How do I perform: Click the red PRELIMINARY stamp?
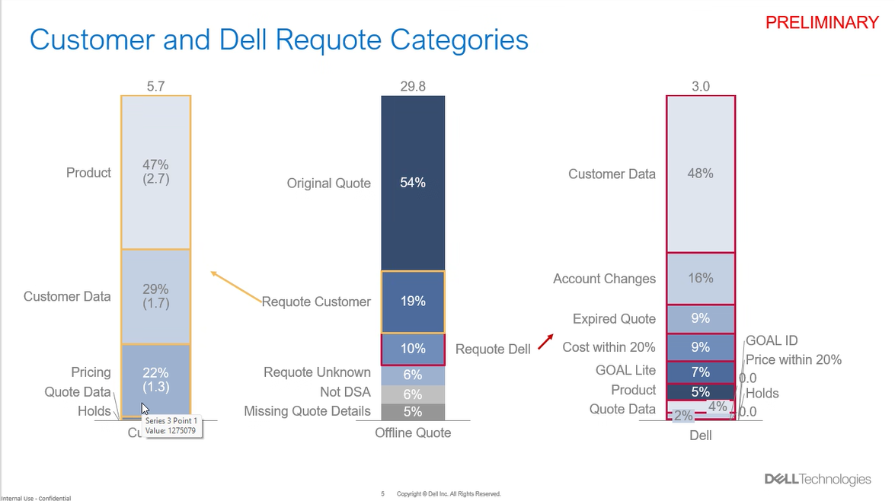point(822,23)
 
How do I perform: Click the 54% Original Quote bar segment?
point(413,183)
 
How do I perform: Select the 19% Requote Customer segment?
point(413,302)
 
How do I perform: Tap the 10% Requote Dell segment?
point(413,349)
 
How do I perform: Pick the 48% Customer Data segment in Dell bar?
point(700,174)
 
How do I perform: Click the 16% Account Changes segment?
point(700,279)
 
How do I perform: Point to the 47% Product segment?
point(155,172)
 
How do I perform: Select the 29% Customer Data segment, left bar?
point(155,296)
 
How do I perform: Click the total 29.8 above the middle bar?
point(413,87)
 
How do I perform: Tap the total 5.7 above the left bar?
point(155,87)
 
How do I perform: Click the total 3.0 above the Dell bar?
point(700,87)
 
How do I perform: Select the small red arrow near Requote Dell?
point(545,342)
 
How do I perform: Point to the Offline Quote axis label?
point(413,433)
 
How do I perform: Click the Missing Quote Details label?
point(307,411)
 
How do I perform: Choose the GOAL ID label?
point(772,341)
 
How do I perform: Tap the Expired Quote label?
point(614,319)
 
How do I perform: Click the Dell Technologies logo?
point(817,479)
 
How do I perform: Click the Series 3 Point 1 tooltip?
point(171,425)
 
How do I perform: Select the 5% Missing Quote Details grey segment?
point(413,412)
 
